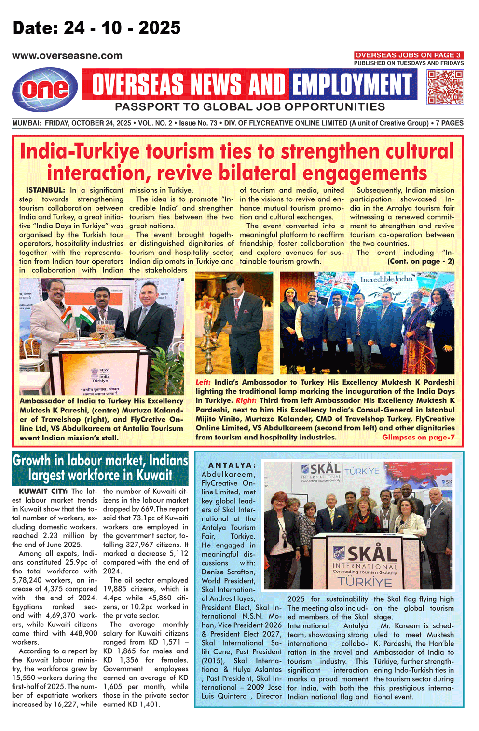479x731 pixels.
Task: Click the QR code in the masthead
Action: click(x=445, y=87)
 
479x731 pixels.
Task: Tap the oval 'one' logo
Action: click(x=45, y=89)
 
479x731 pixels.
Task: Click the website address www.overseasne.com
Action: click(x=67, y=56)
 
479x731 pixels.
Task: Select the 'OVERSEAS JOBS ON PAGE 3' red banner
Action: click(x=408, y=55)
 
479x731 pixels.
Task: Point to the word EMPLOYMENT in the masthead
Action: click(x=353, y=85)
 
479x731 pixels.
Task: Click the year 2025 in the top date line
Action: click(x=160, y=28)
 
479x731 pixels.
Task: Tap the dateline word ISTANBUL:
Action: click(x=45, y=190)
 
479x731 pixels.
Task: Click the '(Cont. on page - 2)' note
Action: click(x=421, y=261)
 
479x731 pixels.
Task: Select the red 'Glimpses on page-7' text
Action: click(x=418, y=438)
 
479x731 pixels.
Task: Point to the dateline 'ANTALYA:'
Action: click(x=232, y=465)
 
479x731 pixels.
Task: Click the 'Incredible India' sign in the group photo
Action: click(x=386, y=279)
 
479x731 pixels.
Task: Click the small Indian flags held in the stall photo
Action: click(x=80, y=316)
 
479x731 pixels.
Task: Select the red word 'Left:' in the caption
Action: click(x=203, y=382)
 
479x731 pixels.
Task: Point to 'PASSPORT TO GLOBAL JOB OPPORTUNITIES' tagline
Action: click(x=250, y=107)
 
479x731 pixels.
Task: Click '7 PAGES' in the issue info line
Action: click(x=449, y=123)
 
